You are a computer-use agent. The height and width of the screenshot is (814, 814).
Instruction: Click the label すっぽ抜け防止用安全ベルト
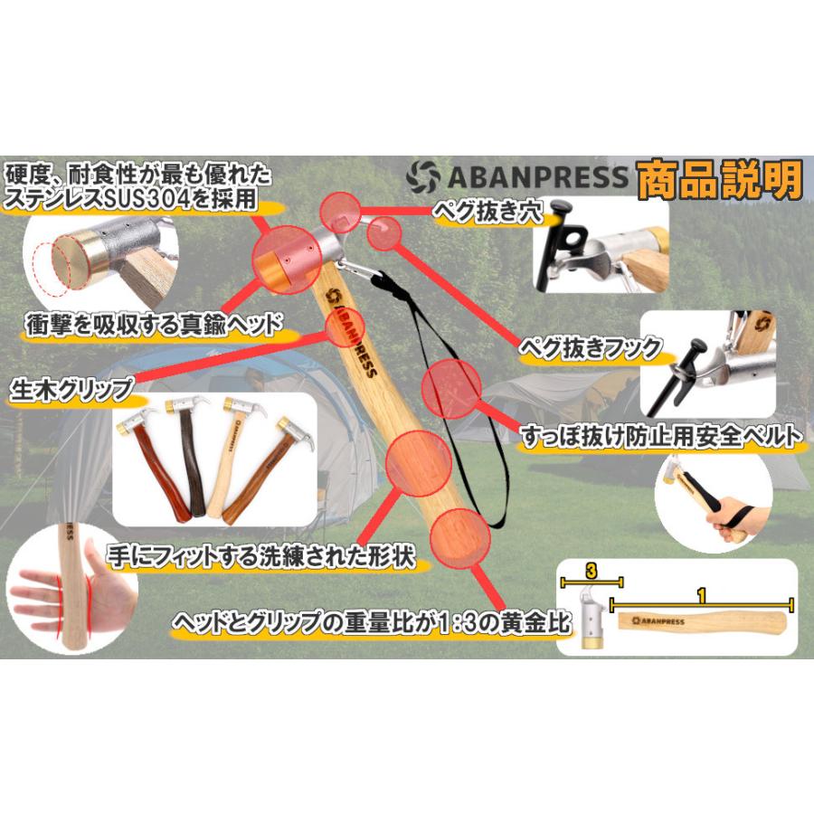660,439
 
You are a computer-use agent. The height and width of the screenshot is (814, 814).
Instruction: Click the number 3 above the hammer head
591,571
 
